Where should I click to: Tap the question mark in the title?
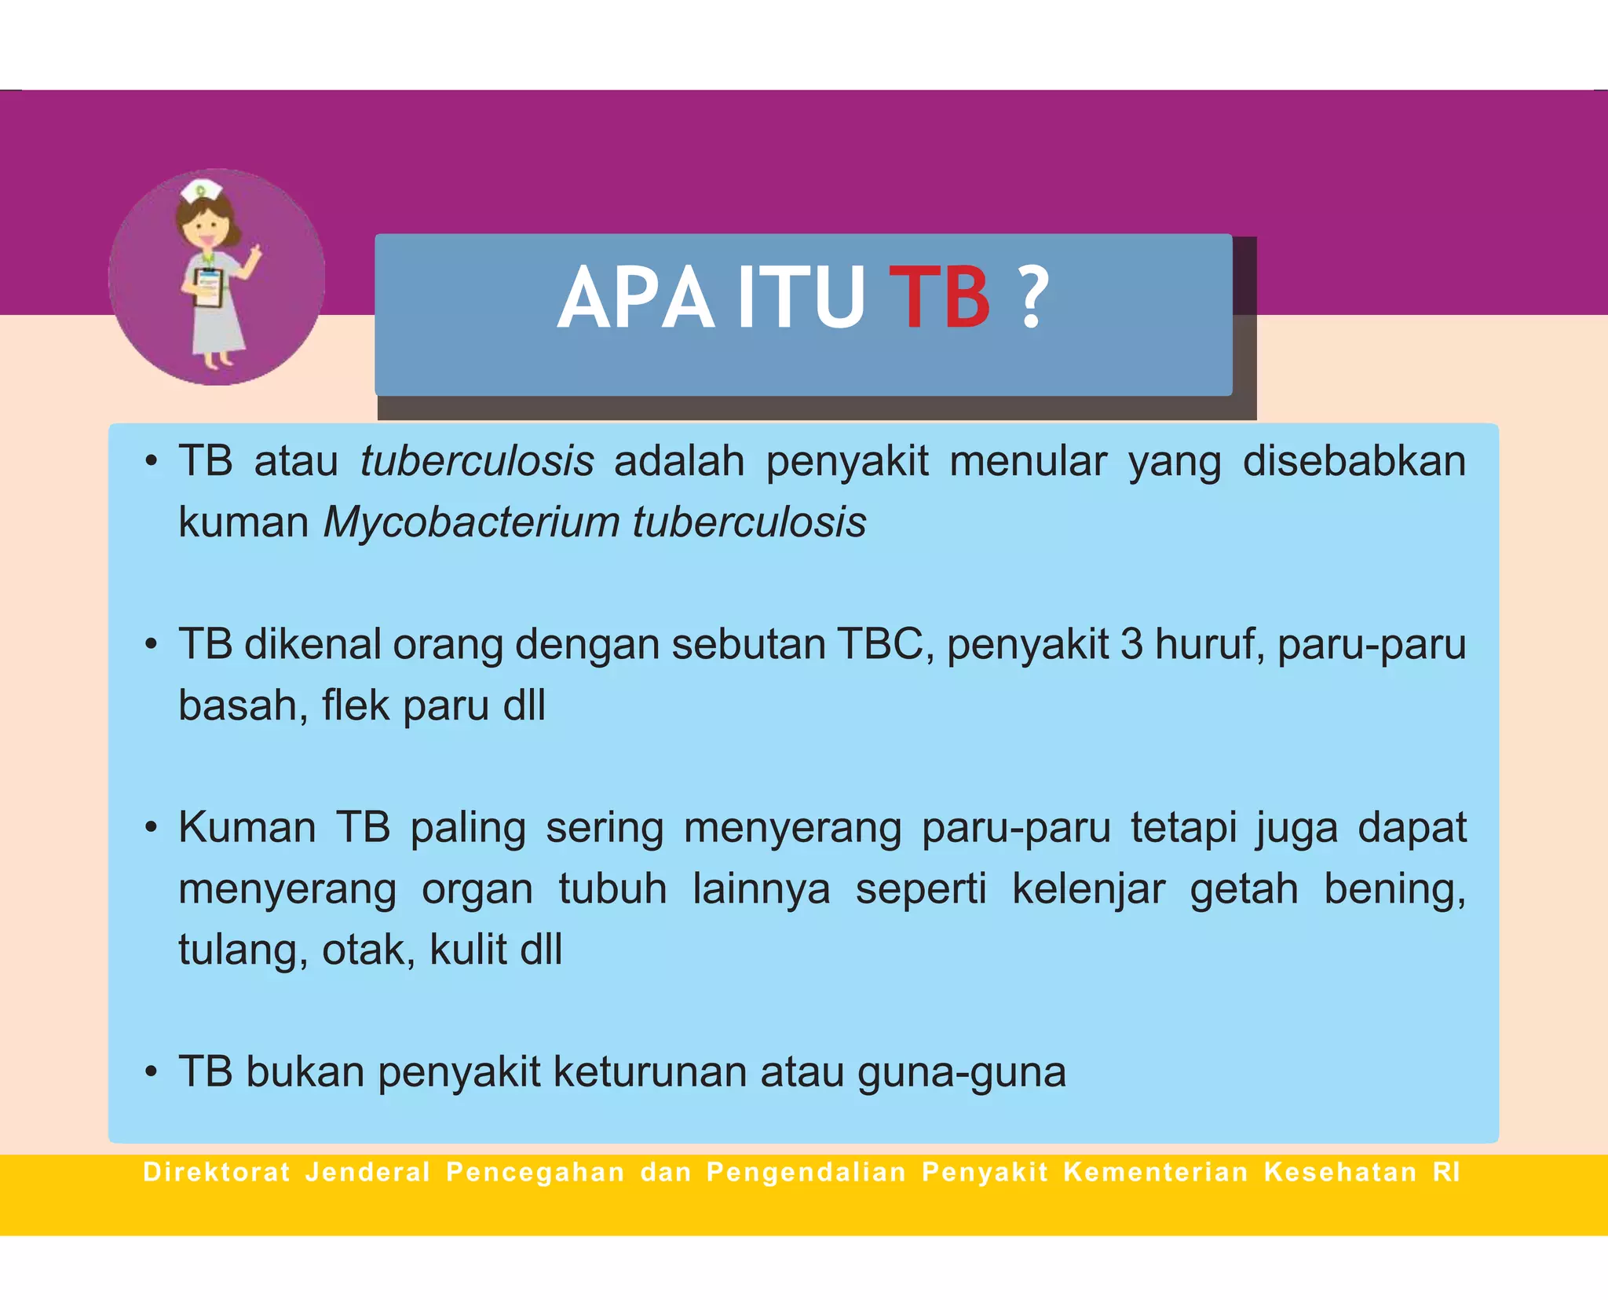pos(1034,298)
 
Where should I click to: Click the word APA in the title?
pos(636,298)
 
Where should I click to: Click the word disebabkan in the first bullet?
pos(1354,461)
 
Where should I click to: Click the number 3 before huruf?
pos(1131,644)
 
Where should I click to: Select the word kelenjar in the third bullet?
pos(1088,889)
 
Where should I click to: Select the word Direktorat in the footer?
pos(217,1173)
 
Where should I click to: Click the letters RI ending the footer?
pos(1445,1173)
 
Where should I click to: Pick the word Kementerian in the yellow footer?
pos(1155,1173)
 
